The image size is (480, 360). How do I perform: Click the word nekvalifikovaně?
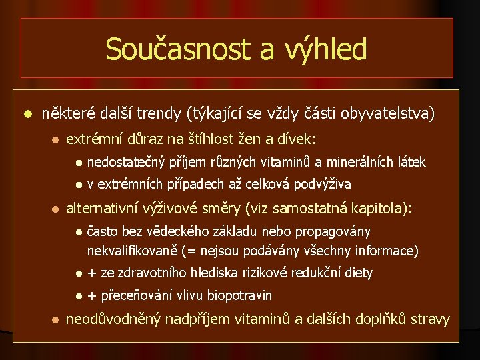(135, 251)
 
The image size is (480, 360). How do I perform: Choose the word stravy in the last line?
(430, 319)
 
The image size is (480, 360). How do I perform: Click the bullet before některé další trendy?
(27, 115)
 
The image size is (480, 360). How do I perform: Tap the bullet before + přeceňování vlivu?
(79, 295)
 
